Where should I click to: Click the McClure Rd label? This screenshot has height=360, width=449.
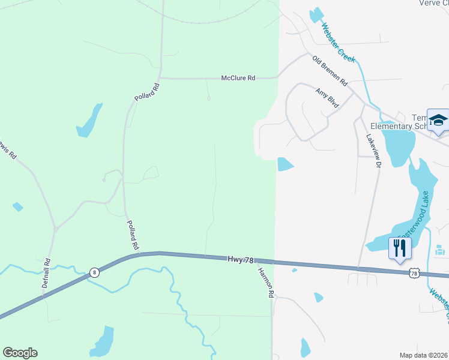[x=238, y=78]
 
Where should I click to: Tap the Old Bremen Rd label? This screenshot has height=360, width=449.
[x=330, y=70]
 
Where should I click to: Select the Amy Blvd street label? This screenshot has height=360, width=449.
[x=327, y=98]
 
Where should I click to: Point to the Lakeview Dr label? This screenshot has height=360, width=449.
[x=373, y=150]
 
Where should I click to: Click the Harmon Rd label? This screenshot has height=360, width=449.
[x=265, y=283]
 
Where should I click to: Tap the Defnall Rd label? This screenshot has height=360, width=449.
[x=46, y=273]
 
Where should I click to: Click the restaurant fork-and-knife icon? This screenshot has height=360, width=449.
[x=400, y=247]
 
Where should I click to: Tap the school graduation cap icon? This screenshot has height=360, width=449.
[x=438, y=121]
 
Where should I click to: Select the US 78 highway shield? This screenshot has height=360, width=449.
[x=414, y=273]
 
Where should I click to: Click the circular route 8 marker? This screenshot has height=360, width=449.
[x=94, y=272]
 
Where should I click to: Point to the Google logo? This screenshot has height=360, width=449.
[x=20, y=353]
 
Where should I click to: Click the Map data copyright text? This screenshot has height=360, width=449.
[x=424, y=355]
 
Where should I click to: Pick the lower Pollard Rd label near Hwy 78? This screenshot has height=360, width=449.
[x=133, y=234]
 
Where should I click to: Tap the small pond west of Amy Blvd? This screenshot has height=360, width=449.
[x=285, y=164]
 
